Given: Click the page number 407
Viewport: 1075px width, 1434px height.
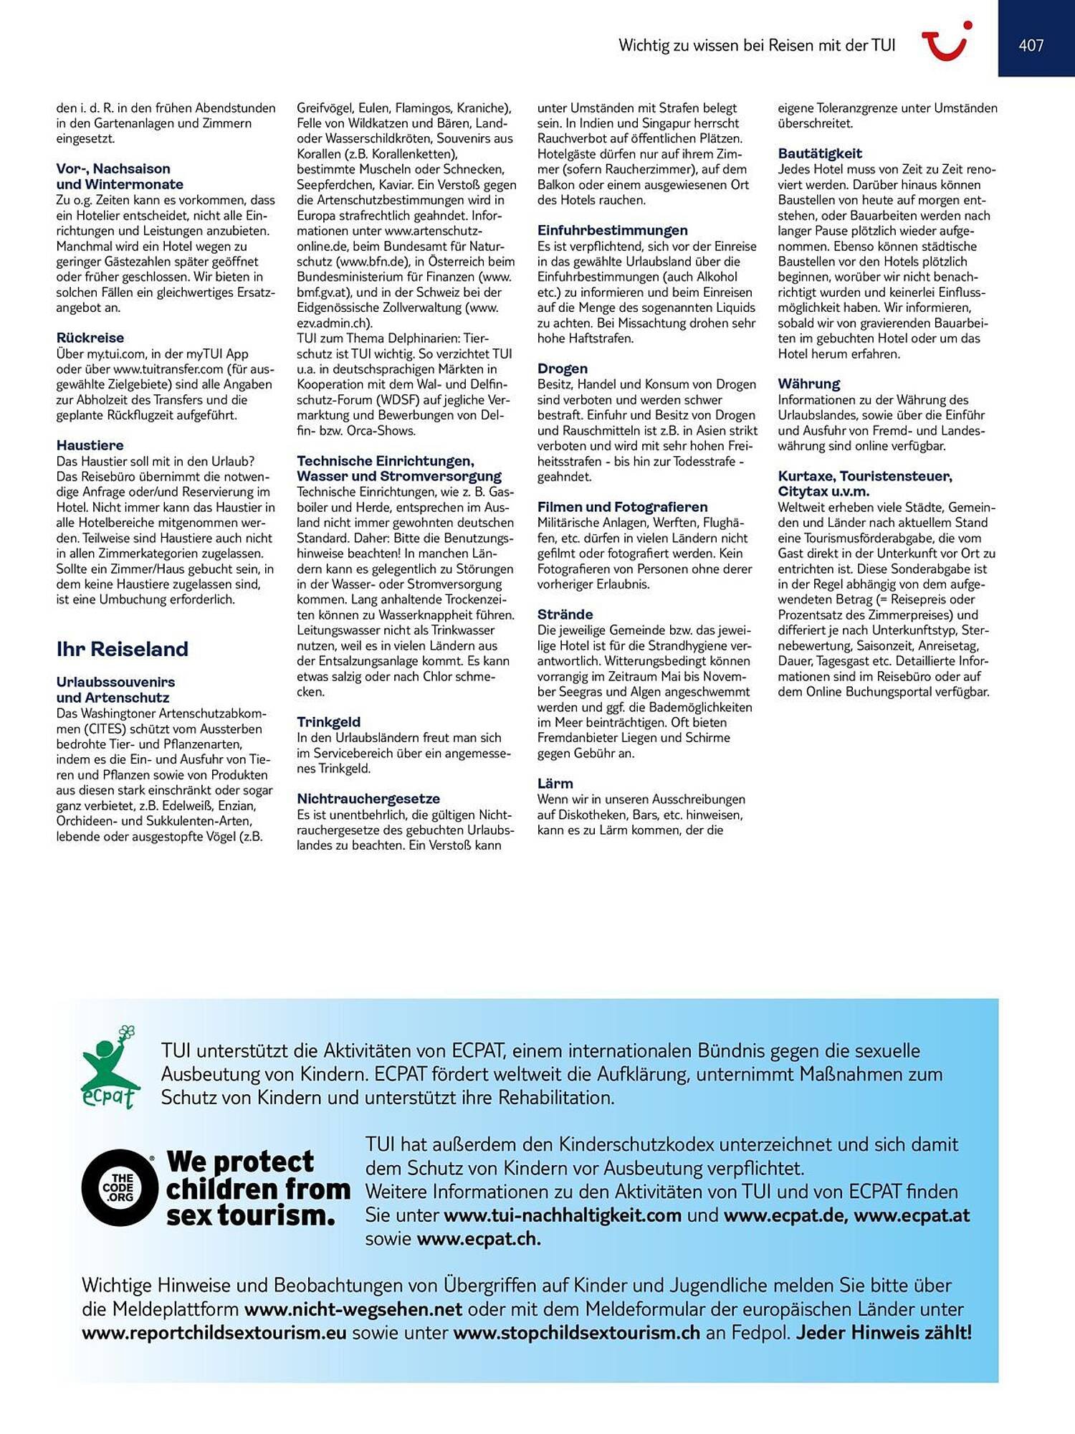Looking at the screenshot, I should click(x=1031, y=45).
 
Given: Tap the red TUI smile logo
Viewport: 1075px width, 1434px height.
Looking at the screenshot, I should click(x=946, y=42).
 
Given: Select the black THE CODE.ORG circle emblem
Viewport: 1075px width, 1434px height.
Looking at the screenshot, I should click(x=118, y=1187).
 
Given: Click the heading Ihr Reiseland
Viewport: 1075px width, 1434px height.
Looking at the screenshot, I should click(x=123, y=649).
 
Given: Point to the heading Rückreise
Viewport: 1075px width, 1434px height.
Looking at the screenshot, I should click(x=90, y=338).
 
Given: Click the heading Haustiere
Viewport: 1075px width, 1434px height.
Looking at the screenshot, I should click(x=90, y=445).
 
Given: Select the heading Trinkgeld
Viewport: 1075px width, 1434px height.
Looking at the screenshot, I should click(x=329, y=722).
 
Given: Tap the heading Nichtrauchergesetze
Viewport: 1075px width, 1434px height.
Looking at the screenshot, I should click(x=368, y=799).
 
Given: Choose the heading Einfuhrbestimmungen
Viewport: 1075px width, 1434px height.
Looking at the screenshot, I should click(x=613, y=230).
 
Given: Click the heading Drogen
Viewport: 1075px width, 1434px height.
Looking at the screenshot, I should click(x=563, y=369).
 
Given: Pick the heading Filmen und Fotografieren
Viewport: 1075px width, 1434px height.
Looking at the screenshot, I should click(x=623, y=507).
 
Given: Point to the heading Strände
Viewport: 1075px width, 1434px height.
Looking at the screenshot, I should click(x=565, y=614).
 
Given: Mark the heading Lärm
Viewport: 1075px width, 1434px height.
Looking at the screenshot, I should click(x=555, y=784).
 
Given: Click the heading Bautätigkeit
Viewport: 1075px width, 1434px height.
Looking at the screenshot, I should click(x=820, y=153).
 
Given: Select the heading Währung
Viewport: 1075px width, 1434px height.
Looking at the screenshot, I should click(x=809, y=384).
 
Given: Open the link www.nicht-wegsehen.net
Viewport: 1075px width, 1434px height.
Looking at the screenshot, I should click(x=353, y=1309).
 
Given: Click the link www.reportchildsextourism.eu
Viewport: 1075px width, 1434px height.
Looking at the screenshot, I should click(x=214, y=1333).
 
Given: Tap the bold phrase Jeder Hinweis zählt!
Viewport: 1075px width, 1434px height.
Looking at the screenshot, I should click(x=884, y=1333).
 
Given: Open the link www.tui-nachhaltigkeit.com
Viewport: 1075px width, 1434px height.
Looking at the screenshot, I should click(x=563, y=1215).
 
